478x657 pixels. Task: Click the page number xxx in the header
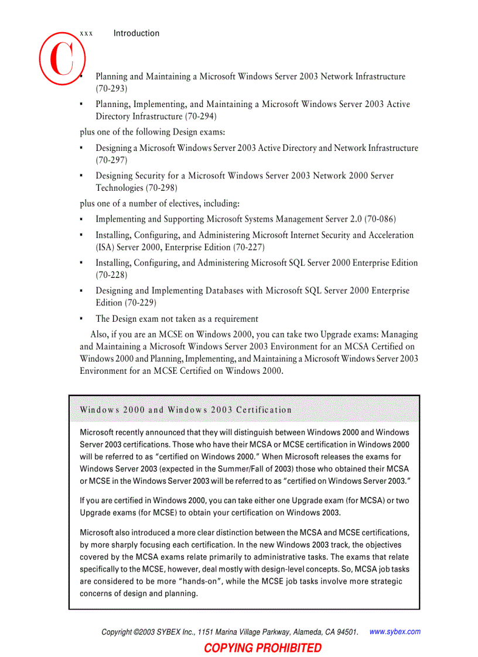(86, 34)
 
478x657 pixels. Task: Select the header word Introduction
(136, 33)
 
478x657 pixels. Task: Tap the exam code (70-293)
(111, 88)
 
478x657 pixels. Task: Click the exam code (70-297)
(111, 160)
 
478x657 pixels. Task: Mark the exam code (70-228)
(111, 274)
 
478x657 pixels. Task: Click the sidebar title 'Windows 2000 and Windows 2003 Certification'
(186, 410)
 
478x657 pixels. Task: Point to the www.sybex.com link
(395, 632)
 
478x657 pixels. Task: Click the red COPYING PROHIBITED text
(262, 648)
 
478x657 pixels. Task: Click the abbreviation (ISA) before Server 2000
(106, 247)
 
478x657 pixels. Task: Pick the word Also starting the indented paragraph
(100, 335)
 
